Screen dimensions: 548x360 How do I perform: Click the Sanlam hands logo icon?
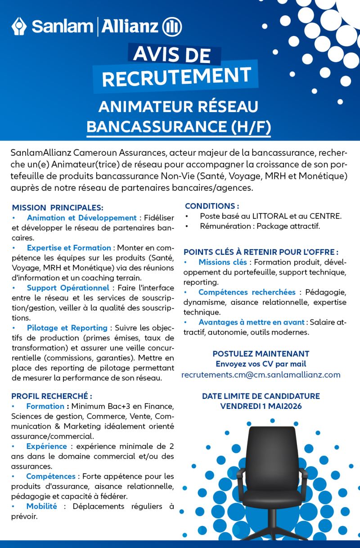coord(19,27)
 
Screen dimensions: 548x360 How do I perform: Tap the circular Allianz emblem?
coord(172,27)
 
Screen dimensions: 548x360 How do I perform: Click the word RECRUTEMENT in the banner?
coord(176,77)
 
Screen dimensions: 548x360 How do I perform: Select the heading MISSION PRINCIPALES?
coord(58,208)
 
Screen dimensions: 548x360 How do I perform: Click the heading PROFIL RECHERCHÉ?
coord(52,396)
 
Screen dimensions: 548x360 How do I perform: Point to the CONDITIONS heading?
coord(211,206)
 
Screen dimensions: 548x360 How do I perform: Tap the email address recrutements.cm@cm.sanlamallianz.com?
coord(261,375)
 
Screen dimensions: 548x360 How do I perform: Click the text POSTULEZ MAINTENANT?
coord(261,354)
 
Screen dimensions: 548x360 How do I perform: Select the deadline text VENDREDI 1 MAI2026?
coord(261,406)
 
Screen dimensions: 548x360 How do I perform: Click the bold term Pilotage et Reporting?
coord(67,328)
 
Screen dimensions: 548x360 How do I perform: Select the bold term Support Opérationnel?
coord(68,288)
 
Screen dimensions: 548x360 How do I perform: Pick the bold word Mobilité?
coord(41,506)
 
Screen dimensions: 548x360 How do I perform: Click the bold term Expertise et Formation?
coord(69,248)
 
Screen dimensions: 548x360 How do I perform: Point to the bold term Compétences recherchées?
coord(247,292)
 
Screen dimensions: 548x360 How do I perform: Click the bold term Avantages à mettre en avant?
coord(252,322)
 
